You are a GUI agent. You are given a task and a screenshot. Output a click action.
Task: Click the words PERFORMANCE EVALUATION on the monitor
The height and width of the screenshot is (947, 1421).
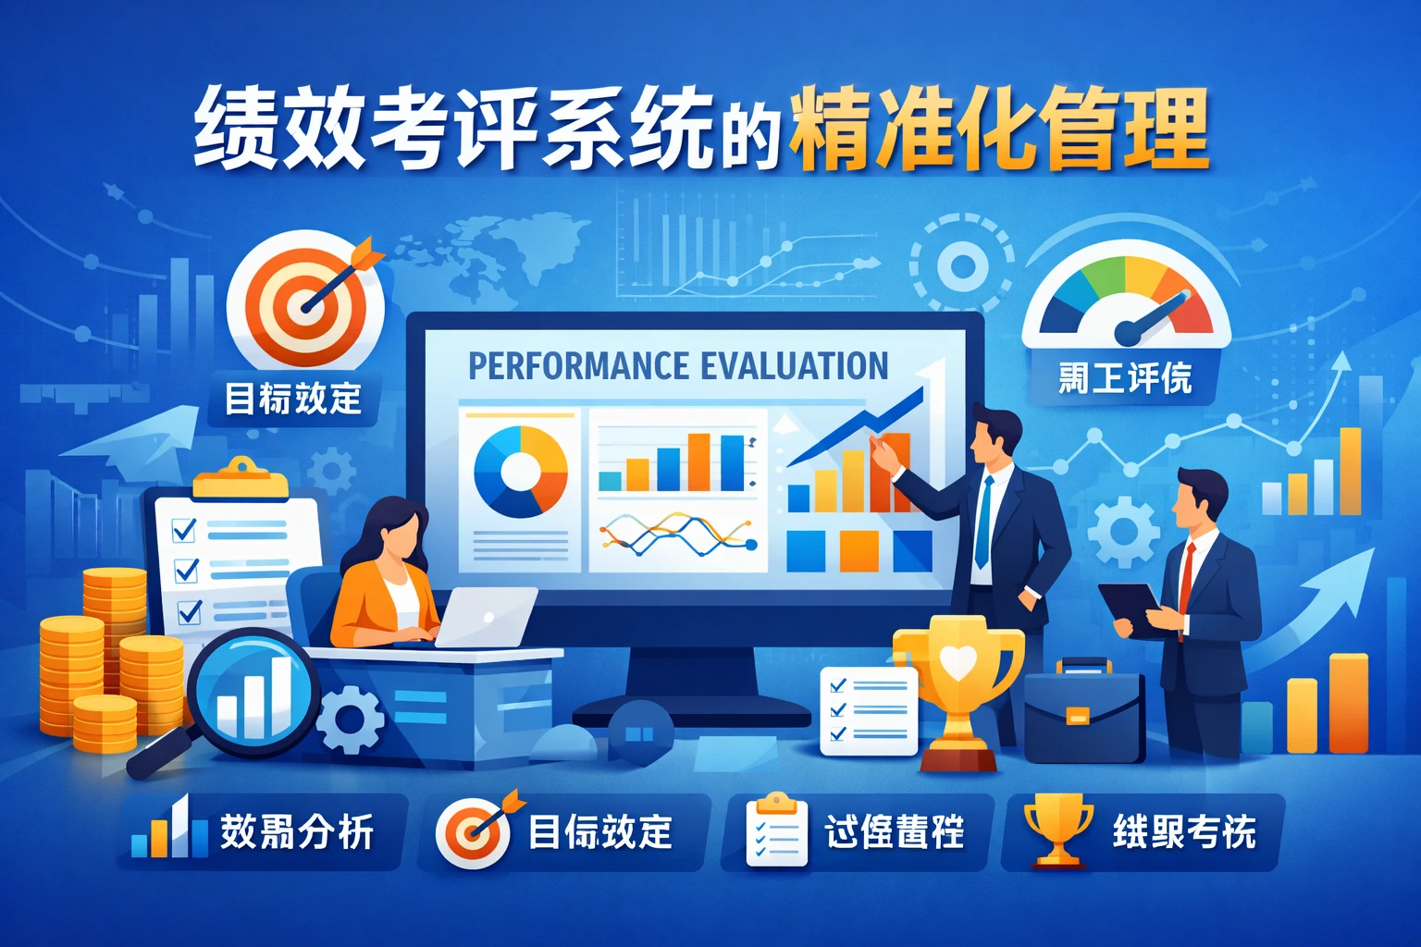click(677, 366)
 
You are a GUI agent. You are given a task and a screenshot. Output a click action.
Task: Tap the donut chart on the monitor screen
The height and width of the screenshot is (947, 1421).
click(520, 472)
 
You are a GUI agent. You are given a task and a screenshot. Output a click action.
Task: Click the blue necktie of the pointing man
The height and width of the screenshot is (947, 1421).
click(983, 523)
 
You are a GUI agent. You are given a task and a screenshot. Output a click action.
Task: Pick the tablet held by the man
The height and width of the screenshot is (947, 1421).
click(1130, 609)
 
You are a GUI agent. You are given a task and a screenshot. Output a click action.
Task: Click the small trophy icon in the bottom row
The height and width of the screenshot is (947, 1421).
click(1057, 830)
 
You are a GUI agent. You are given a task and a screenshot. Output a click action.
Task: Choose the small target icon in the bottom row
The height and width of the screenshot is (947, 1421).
click(475, 830)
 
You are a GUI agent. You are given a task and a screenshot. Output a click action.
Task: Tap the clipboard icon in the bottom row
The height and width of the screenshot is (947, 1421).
click(776, 830)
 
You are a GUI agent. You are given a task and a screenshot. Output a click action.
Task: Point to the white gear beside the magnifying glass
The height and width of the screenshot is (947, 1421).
click(351, 719)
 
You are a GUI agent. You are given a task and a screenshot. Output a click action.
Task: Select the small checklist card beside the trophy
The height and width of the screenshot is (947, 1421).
click(868, 710)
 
